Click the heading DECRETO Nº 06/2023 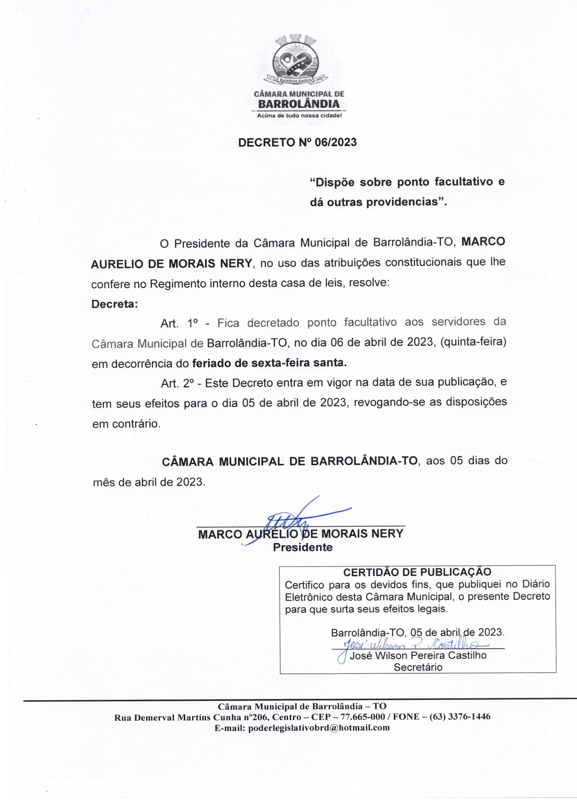(x=297, y=142)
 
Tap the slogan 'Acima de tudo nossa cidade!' (x=299, y=115)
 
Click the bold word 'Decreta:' (x=115, y=304)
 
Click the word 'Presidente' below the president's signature (x=303, y=547)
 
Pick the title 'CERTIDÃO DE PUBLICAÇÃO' (x=417, y=572)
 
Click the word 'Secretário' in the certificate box (x=418, y=667)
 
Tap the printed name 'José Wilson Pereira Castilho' (x=418, y=656)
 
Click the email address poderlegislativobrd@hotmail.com (x=318, y=728)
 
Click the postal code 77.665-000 (x=362, y=717)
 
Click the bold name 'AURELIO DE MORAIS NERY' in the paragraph (x=171, y=263)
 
